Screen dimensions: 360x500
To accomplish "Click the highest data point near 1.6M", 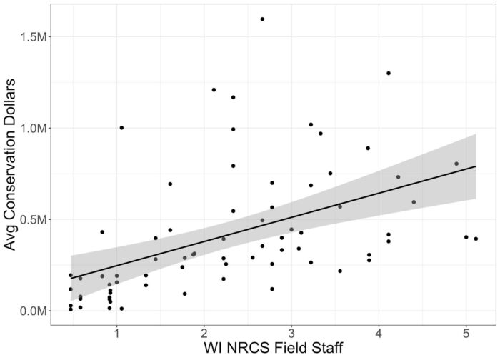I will pyautogui.click(x=262, y=19).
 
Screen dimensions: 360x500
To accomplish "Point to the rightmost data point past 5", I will pyautogui.click(x=476, y=239).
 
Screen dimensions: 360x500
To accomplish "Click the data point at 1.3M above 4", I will pyautogui.click(x=389, y=73).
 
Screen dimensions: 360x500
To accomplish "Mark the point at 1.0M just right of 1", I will pyautogui.click(x=121, y=128).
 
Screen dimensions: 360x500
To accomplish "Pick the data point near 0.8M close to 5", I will pyautogui.click(x=456, y=164).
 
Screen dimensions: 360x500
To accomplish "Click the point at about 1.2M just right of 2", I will pyautogui.click(x=214, y=89).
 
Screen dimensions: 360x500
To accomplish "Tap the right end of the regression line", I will pyautogui.click(x=476, y=166).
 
